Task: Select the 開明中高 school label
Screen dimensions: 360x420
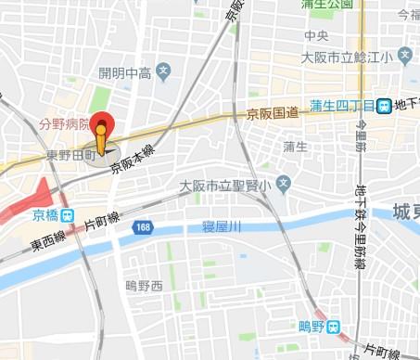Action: click(124, 71)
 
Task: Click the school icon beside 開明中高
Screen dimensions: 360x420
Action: click(163, 70)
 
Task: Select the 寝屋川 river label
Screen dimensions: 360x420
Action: click(222, 225)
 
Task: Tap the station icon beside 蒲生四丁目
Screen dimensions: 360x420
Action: click(383, 106)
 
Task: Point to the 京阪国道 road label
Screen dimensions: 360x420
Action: click(273, 112)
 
